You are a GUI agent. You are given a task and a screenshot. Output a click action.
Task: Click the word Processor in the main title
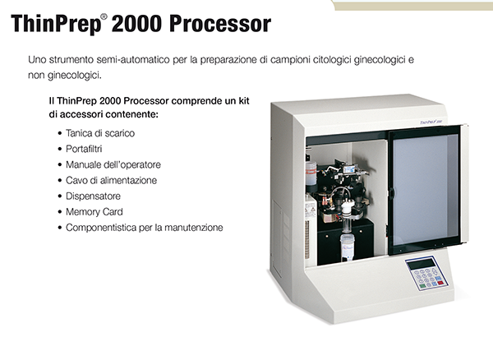(220, 24)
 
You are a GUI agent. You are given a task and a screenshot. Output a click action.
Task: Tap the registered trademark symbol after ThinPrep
(104, 16)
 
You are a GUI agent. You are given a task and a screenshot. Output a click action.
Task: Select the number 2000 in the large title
(136, 24)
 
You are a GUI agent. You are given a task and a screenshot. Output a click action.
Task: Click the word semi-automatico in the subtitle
(133, 60)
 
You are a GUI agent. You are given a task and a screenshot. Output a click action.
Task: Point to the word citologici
(332, 60)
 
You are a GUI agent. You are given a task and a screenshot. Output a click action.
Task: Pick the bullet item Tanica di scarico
(100, 133)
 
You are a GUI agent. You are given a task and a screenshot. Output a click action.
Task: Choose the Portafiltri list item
(84, 149)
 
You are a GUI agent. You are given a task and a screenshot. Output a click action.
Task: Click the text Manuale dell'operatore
(113, 164)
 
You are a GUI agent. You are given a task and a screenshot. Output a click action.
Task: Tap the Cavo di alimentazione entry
(111, 181)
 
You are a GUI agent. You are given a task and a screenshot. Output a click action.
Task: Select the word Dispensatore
(93, 196)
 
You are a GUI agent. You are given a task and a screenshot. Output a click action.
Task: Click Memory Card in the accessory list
(94, 212)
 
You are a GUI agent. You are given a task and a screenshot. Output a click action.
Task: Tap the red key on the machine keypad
(440, 283)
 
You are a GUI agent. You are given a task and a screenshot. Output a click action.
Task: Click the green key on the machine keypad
(422, 286)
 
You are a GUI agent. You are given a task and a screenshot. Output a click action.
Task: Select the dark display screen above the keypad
(421, 264)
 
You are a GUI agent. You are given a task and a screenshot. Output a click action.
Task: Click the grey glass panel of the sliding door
(425, 190)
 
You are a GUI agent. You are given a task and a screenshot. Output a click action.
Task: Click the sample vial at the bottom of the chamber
(347, 247)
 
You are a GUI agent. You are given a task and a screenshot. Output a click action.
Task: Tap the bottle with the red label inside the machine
(311, 173)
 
